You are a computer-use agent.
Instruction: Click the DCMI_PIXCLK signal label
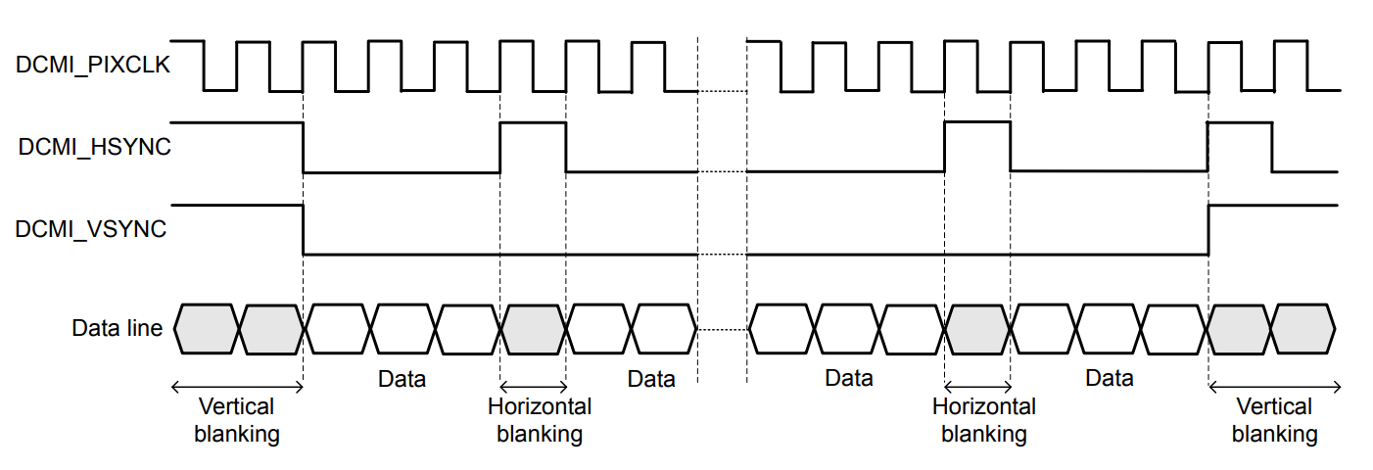pyautogui.click(x=93, y=67)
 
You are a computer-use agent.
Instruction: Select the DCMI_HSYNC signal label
pyautogui.click(x=94, y=148)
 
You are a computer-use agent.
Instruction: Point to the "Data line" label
pyautogui.click(x=118, y=328)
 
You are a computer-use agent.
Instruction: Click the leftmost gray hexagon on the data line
pyautogui.click(x=207, y=328)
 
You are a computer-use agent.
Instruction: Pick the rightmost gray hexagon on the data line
pyautogui.click(x=1303, y=328)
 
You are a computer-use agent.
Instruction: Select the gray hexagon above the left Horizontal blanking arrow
pyautogui.click(x=534, y=328)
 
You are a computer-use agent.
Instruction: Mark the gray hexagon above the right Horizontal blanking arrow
pyautogui.click(x=977, y=328)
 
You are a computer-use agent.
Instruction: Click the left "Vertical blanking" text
pyautogui.click(x=237, y=420)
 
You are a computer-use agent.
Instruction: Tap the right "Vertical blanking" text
pyautogui.click(x=1274, y=420)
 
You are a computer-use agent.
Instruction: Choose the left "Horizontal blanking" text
pyautogui.click(x=540, y=420)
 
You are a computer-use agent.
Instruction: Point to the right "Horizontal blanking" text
pyautogui.click(x=984, y=420)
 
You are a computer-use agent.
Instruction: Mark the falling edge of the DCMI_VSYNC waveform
pyautogui.click(x=304, y=230)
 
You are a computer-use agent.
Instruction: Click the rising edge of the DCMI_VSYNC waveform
pyautogui.click(x=1208, y=230)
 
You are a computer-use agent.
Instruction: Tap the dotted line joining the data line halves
pyautogui.click(x=722, y=330)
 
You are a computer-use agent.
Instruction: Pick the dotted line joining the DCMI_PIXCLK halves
pyautogui.click(x=722, y=91)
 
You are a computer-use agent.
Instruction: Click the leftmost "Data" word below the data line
pyautogui.click(x=402, y=378)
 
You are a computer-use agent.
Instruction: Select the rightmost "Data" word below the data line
pyautogui.click(x=1109, y=378)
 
